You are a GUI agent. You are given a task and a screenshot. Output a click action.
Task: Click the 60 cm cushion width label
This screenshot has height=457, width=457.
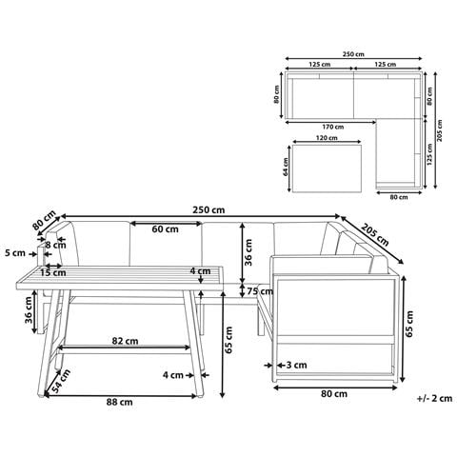pyautogui.click(x=165, y=229)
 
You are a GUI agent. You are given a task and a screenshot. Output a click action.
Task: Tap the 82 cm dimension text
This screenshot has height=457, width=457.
pyautogui.click(x=125, y=341)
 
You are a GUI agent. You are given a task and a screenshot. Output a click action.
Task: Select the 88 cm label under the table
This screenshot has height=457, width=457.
pyautogui.click(x=119, y=402)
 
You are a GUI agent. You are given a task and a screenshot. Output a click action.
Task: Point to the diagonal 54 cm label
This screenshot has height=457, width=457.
pyautogui.click(x=60, y=381)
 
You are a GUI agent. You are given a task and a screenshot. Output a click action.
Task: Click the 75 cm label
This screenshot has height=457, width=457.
pyautogui.click(x=260, y=291)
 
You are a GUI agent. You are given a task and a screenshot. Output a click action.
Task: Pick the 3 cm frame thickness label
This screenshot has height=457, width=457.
pyautogui.click(x=296, y=366)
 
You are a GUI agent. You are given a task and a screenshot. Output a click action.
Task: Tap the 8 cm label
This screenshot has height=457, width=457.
pyautogui.click(x=55, y=245)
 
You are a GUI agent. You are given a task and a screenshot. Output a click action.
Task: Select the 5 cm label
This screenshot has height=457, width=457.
pyautogui.click(x=15, y=253)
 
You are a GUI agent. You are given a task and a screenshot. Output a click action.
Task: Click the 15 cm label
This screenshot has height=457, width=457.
pyautogui.click(x=53, y=272)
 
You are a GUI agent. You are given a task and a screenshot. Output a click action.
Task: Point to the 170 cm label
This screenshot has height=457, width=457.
pyautogui.click(x=333, y=127)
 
